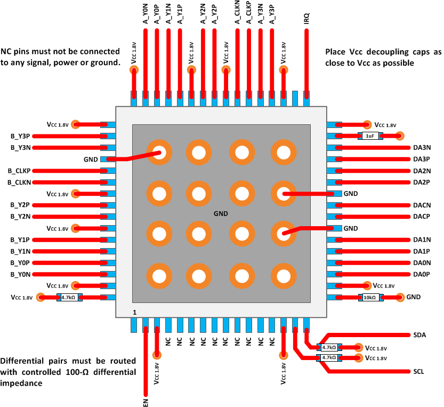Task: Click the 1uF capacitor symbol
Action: [x=369, y=136]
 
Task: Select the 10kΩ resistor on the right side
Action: [x=370, y=297]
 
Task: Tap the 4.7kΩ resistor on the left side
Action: [x=68, y=298]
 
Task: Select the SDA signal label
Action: [x=419, y=335]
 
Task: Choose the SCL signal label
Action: [x=418, y=371]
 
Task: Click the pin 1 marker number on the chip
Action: [x=135, y=312]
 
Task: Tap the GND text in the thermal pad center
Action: [x=221, y=213]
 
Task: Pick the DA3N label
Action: [x=422, y=148]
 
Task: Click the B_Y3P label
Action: [x=20, y=136]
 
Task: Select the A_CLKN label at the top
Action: [x=237, y=13]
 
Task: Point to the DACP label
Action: [x=422, y=217]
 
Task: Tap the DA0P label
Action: [x=422, y=274]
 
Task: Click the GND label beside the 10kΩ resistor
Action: [x=413, y=297]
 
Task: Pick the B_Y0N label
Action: [x=20, y=274]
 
